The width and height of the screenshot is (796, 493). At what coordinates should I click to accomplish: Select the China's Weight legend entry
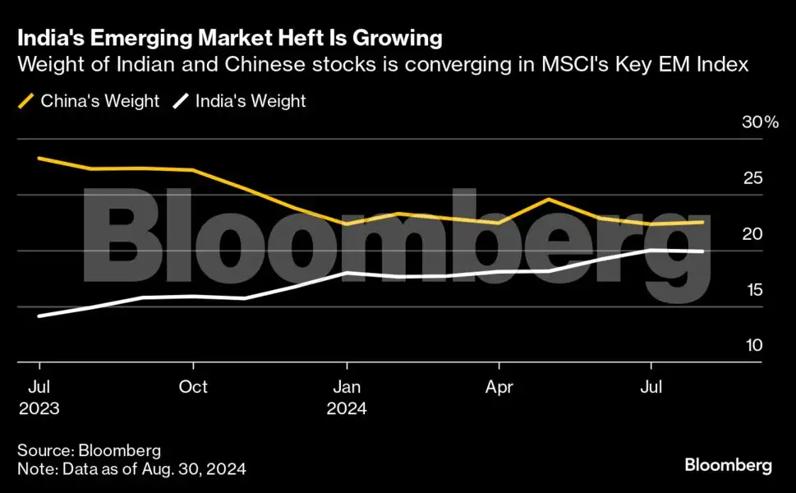(89, 102)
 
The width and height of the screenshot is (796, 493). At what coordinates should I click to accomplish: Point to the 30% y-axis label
(759, 122)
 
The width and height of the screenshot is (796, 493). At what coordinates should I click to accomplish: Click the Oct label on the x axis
(193, 386)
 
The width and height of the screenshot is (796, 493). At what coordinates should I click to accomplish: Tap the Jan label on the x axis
(347, 386)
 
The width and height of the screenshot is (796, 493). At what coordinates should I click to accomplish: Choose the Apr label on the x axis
(499, 386)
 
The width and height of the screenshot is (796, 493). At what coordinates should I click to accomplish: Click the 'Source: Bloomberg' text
(89, 450)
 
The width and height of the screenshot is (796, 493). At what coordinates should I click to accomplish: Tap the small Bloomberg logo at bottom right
(728, 466)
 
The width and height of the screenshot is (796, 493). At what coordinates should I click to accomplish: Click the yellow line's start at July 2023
(39, 158)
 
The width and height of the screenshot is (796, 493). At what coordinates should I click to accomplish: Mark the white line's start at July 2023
(39, 316)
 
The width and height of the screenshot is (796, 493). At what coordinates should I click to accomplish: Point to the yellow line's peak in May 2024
(549, 200)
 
